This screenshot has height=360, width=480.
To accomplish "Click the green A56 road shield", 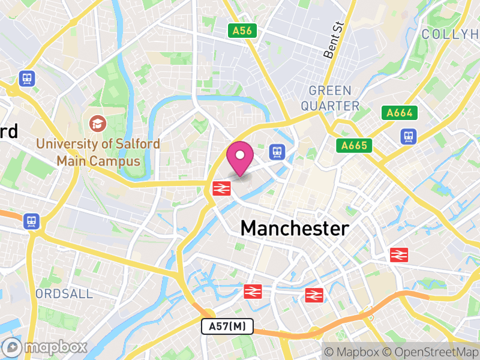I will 242,31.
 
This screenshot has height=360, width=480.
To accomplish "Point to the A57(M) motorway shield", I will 227,326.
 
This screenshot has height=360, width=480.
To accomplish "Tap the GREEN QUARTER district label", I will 330,98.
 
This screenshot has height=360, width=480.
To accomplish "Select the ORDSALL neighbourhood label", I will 64,293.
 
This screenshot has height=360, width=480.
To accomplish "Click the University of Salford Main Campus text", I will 98,152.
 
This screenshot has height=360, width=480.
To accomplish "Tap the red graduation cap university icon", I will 96,124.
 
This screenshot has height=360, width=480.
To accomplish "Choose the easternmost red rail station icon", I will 399,254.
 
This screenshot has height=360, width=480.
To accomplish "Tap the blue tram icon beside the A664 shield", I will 409,137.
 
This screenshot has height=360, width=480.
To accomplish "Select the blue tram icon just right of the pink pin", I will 277,151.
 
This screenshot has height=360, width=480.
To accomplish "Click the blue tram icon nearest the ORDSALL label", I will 31,221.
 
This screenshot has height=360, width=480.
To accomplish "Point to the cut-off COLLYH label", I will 450,34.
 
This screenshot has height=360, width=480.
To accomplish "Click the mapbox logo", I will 46,347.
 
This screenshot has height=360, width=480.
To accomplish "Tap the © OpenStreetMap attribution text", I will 430,352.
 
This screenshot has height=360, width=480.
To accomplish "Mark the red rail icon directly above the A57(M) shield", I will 253,292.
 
